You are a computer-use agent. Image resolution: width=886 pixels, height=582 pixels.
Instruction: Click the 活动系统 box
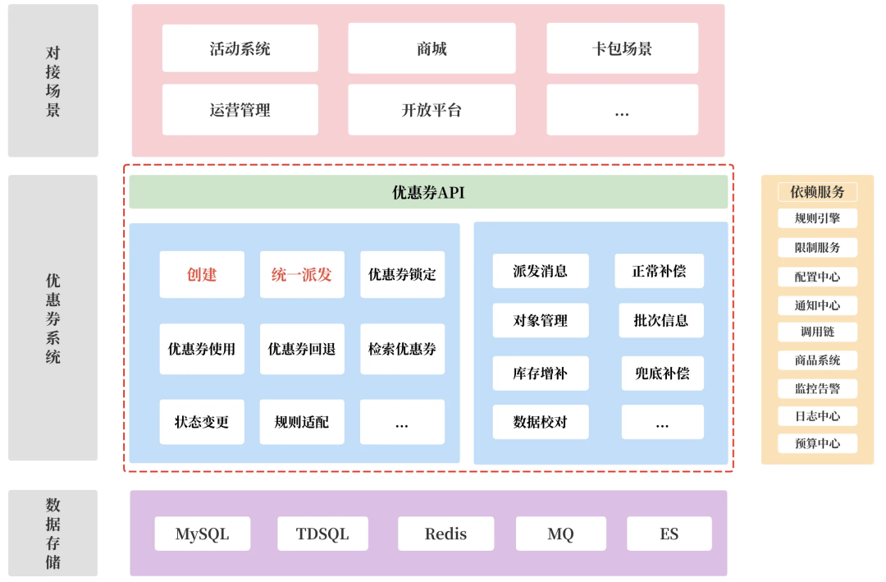[x=240, y=48]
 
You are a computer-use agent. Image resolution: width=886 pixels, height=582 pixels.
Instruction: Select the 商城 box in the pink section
[x=432, y=48]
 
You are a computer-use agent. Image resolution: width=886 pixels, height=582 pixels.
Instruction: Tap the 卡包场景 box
[x=622, y=48]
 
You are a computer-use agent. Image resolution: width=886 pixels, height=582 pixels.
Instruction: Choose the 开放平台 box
[x=432, y=110]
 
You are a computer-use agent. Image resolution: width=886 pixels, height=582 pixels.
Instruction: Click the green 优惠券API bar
[x=428, y=192]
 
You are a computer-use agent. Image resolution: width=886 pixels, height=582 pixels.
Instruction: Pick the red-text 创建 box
[x=202, y=274]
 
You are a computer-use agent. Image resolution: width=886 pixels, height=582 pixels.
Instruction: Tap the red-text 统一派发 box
[x=302, y=274]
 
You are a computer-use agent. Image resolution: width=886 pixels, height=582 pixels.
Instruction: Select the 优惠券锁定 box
[x=402, y=274]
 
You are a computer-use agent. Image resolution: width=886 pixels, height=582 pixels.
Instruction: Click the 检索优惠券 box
[x=402, y=349]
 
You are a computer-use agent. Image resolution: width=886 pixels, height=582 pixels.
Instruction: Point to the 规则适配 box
[x=302, y=422]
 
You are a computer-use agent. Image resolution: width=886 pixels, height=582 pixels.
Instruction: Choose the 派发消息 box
[x=540, y=271]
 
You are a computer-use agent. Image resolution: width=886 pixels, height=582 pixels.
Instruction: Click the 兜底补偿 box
[x=662, y=373]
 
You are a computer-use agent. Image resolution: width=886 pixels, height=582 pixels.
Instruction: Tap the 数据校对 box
[x=540, y=422]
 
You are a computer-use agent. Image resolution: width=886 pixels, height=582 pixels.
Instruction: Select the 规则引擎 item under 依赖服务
[x=817, y=218]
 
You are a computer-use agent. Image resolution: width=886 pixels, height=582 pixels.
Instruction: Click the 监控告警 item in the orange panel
[x=817, y=388]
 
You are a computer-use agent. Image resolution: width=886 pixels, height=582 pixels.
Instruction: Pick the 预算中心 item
[x=817, y=443]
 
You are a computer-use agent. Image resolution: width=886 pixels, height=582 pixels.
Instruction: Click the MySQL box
[x=202, y=534]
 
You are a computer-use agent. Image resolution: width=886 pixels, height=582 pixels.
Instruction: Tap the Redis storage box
[x=445, y=534]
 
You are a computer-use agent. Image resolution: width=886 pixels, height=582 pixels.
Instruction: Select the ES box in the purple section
[x=669, y=534]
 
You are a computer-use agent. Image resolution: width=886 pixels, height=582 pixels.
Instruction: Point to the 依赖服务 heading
[x=817, y=192]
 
